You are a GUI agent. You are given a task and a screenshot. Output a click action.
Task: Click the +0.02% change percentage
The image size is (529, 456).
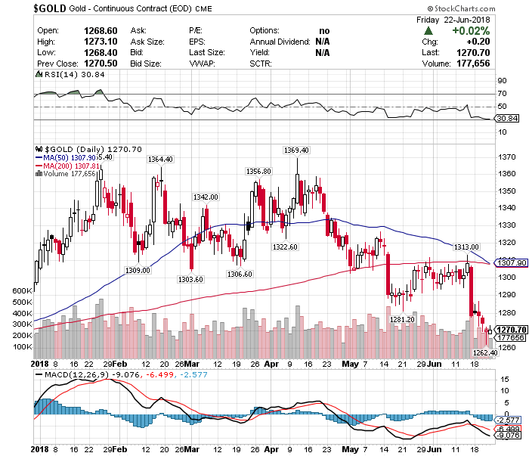(x=470, y=31)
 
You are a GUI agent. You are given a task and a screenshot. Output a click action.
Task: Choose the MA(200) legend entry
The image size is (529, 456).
(x=61, y=166)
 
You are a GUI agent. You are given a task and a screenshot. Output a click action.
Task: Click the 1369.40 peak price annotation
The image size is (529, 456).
(x=295, y=150)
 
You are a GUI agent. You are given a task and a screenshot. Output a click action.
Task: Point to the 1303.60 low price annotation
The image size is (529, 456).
(x=190, y=279)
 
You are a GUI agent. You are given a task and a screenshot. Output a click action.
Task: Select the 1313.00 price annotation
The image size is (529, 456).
(x=466, y=247)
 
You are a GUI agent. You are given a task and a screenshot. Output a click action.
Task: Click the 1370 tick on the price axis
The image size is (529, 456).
(x=508, y=157)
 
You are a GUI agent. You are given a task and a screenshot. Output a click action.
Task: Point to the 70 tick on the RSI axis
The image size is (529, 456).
(x=502, y=95)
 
